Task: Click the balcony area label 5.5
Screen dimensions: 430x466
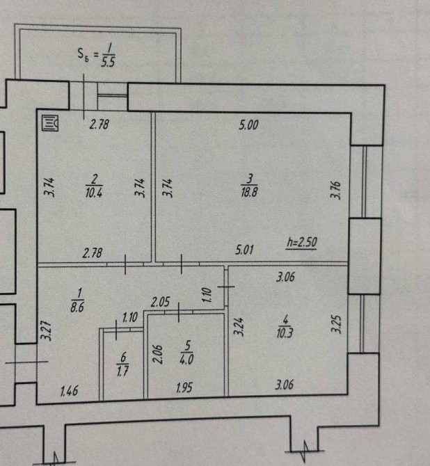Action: coord(108,61)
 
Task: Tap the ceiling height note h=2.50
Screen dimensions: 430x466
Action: coord(302,242)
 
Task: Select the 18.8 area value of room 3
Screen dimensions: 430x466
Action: coord(249,192)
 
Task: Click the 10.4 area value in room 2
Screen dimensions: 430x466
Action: coord(94,193)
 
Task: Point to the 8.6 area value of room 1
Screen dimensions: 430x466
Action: coord(77,307)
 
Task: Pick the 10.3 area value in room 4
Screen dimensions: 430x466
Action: coord(285,333)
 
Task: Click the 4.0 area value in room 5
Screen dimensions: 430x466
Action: coord(186,359)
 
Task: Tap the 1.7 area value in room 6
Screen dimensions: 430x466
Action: coord(123,371)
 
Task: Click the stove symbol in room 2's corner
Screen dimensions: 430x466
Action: coord(49,123)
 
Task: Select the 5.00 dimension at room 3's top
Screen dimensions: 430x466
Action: coord(248,124)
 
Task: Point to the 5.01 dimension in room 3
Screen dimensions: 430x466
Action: coord(244,250)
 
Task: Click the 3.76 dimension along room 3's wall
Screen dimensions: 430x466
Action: coord(335,190)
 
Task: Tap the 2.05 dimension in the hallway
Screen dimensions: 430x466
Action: coord(160,303)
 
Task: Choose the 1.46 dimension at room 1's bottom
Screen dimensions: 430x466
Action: coord(70,391)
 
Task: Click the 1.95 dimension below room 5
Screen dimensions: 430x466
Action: coord(184,387)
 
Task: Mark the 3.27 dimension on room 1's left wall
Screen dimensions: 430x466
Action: coord(46,330)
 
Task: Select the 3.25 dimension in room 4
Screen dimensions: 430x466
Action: coord(336,324)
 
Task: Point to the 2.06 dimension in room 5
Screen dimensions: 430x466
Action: coord(158,354)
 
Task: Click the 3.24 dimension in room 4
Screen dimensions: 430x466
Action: coord(239,327)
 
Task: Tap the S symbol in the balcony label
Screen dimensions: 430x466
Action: coord(81,54)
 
